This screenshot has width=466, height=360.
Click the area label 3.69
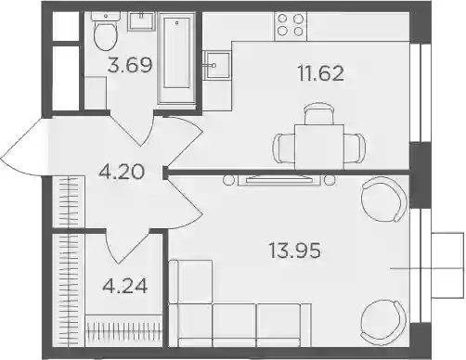click(x=130, y=65)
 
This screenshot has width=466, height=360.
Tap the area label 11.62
click(x=321, y=73)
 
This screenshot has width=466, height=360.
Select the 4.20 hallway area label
click(x=122, y=172)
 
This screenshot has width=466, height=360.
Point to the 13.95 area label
click(x=295, y=251)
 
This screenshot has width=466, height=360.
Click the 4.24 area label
click(x=125, y=286)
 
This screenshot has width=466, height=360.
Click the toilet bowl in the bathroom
click(x=106, y=33)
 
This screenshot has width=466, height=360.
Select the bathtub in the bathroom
click(x=176, y=58)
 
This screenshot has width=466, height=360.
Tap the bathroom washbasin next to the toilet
click(x=141, y=21)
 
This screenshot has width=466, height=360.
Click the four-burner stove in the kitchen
click(x=291, y=26)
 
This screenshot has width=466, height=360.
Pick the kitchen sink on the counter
click(x=216, y=65)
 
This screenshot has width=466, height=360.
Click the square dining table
click(x=319, y=147)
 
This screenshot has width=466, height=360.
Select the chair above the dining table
click(x=319, y=113)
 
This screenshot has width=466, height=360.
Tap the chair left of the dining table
click(x=284, y=148)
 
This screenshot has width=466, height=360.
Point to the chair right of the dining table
click(x=355, y=148)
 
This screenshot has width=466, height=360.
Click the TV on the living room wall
click(x=279, y=180)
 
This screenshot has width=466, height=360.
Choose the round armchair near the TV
click(x=383, y=199)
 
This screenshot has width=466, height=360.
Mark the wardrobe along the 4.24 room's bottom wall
click(x=123, y=330)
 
